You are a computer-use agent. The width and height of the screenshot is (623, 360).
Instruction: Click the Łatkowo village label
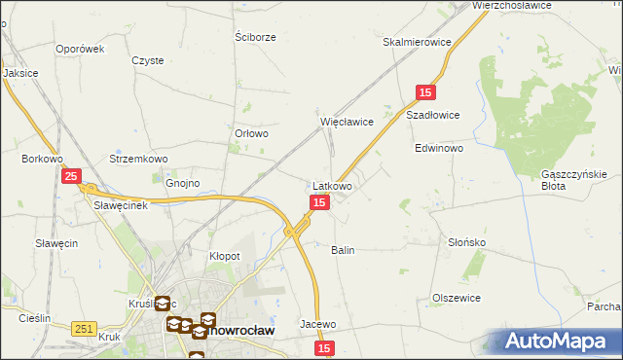point(332,185)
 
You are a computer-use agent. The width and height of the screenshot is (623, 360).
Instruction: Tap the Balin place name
point(343,250)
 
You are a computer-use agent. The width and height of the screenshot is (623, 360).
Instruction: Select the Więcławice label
point(348,122)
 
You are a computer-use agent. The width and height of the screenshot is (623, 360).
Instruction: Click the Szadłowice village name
point(432,114)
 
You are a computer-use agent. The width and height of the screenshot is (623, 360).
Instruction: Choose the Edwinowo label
point(439,149)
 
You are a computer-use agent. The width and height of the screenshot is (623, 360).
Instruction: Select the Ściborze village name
point(256,37)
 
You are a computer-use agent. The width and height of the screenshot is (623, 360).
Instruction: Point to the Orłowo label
point(251,134)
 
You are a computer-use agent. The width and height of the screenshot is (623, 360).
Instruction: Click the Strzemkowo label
point(139,159)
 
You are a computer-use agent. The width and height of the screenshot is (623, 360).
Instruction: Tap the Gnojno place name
point(182,183)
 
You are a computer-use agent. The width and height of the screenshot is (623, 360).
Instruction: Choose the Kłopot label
point(225,256)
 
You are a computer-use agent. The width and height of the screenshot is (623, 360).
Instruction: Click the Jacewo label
point(318,324)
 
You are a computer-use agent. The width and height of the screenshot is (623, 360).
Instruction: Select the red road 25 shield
point(71,176)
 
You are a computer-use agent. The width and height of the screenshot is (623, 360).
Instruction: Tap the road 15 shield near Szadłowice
point(425,91)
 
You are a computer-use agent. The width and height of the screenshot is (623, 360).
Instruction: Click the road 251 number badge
point(83,330)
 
